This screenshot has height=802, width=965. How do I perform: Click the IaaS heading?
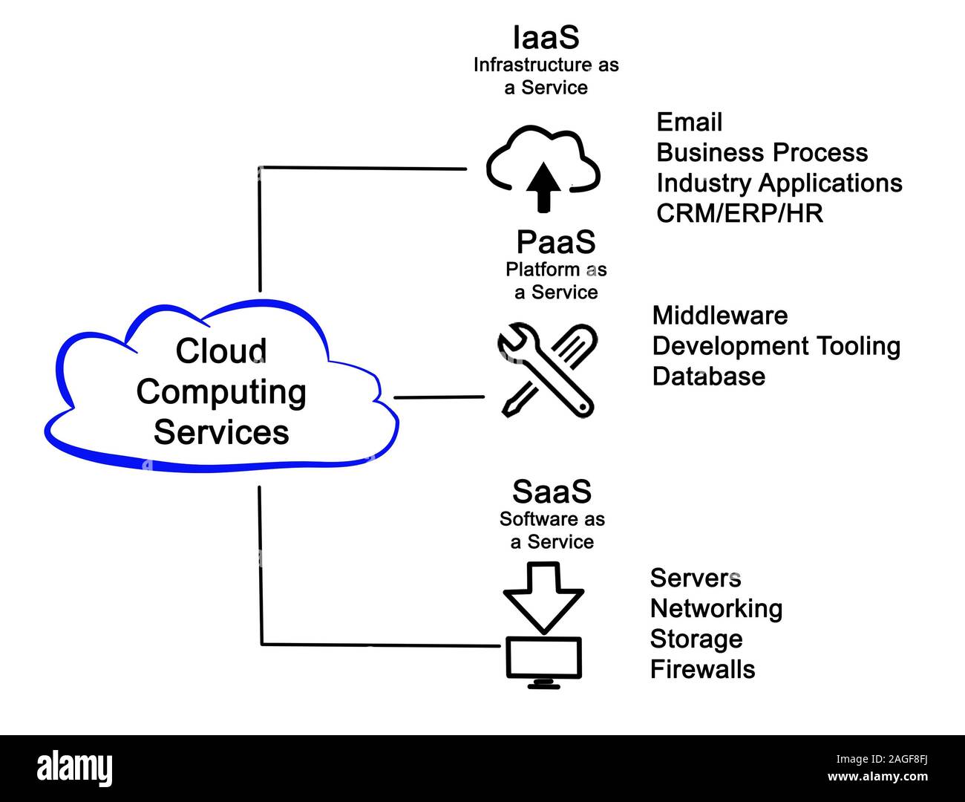pyautogui.click(x=546, y=37)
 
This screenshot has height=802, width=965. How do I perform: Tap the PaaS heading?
pyautogui.click(x=555, y=242)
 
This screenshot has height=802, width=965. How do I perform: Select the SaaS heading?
pyautogui.click(x=552, y=492)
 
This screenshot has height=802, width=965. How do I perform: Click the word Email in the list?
pyautogui.click(x=689, y=122)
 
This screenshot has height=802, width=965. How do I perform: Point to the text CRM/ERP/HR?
pyautogui.click(x=739, y=213)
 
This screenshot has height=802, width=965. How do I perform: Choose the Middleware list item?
pyautogui.click(x=719, y=316)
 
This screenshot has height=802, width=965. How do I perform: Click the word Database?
pyautogui.click(x=708, y=376)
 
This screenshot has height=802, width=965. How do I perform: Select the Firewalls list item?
pyautogui.click(x=702, y=669)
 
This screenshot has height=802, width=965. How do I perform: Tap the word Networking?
pyautogui.click(x=716, y=608)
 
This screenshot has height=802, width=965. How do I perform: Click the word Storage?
pyautogui.click(x=696, y=639)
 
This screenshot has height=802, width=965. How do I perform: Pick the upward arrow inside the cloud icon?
pyautogui.click(x=546, y=186)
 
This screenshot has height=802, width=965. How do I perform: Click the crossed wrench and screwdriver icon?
pyautogui.click(x=546, y=370)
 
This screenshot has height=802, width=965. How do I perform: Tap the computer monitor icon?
pyautogui.click(x=543, y=659)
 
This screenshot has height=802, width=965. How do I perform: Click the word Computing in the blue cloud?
pyautogui.click(x=221, y=392)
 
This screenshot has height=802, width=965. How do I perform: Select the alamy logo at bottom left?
pyautogui.click(x=75, y=769)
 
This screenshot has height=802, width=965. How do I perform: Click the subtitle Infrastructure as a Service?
pyautogui.click(x=546, y=76)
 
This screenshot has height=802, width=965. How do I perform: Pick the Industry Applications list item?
pyautogui.click(x=779, y=183)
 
